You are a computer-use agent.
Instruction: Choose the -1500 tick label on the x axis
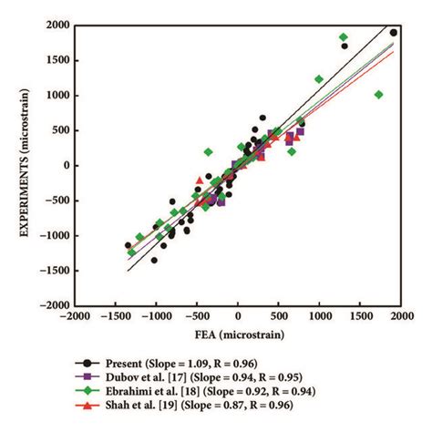[114, 317]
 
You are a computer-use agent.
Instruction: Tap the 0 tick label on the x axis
[238, 317]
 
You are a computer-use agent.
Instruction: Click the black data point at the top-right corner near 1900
[394, 33]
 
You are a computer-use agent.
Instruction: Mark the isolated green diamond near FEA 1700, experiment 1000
[379, 95]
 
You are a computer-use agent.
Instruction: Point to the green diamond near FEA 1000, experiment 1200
[319, 79]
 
